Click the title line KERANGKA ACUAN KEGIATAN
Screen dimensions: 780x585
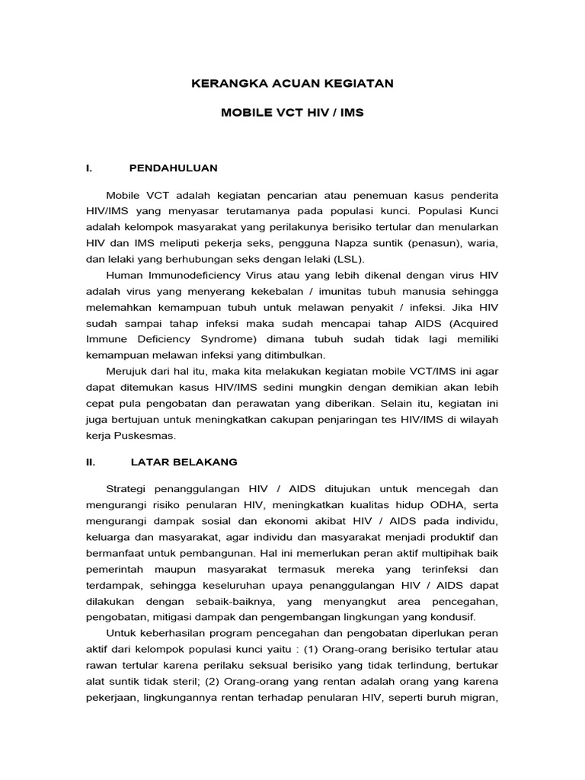click(x=292, y=83)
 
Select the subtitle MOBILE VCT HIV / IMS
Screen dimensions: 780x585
click(x=292, y=113)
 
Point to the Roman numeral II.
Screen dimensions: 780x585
click(x=92, y=462)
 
